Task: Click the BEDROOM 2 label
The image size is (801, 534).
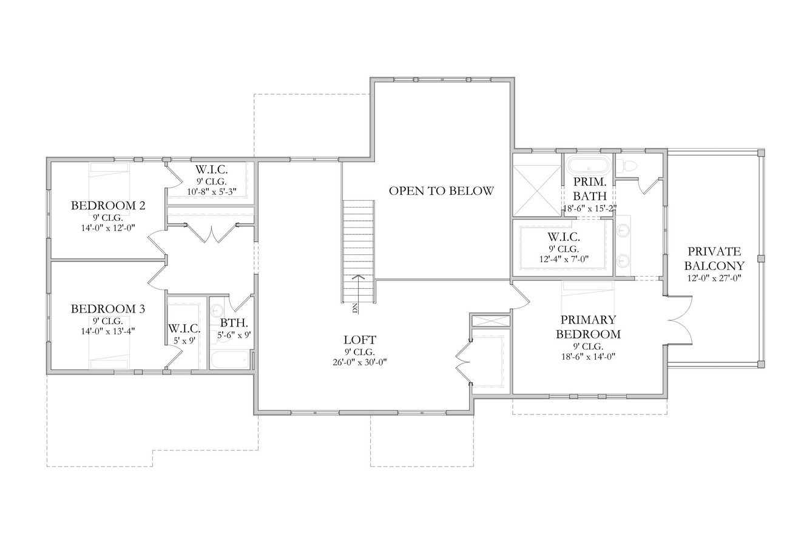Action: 108,206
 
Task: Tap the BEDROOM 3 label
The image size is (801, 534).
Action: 108,309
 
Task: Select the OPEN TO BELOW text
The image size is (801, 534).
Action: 441,191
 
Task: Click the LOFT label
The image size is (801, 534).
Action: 360,340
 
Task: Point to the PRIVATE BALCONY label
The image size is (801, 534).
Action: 714,259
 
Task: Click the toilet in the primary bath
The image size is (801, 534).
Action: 629,166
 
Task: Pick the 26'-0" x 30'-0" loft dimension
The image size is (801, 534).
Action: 360,362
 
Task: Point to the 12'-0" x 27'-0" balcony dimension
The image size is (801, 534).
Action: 714,278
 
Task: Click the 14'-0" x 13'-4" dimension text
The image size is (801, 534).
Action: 108,331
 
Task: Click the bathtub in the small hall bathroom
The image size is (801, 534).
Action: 230,359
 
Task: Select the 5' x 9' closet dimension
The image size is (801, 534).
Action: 184,340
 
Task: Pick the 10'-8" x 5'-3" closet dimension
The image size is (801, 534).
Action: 211,192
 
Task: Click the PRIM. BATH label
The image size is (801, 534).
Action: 589,188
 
